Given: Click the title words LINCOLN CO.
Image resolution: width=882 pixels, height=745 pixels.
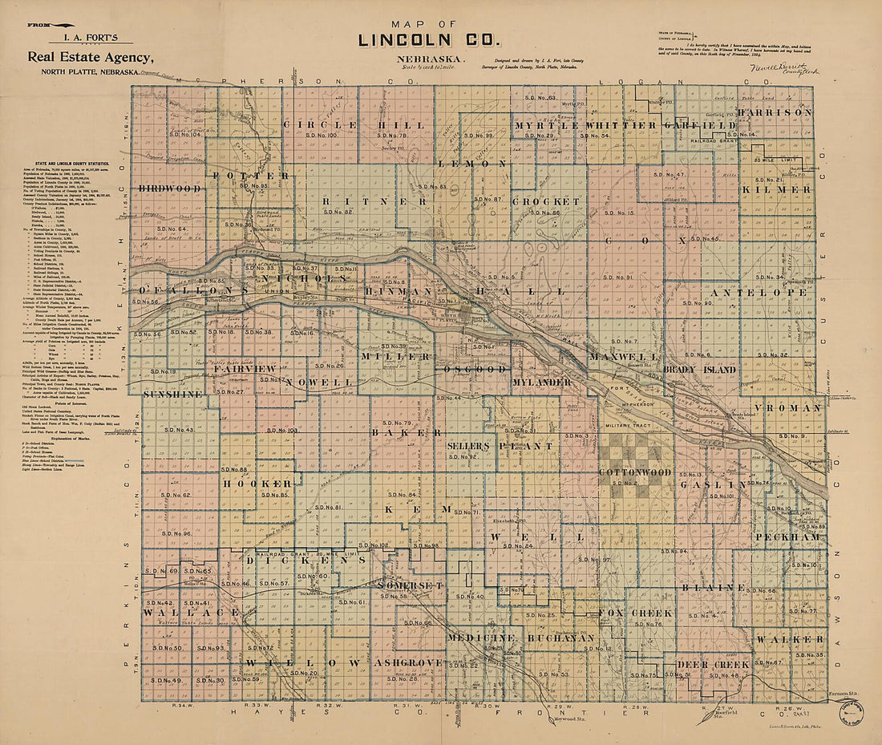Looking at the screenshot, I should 429,38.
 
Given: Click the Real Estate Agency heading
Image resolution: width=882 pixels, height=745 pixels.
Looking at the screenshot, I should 90,57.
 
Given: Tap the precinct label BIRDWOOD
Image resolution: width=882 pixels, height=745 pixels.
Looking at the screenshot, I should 168,188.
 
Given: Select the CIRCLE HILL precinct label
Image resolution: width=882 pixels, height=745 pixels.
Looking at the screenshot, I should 359,125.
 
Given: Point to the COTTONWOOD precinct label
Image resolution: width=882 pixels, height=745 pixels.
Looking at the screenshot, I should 635,473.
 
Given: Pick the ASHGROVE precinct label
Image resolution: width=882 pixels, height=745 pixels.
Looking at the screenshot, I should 408,663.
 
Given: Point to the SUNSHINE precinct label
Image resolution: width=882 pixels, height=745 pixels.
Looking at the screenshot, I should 173,395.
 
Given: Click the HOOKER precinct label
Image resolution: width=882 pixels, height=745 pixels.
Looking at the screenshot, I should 257,484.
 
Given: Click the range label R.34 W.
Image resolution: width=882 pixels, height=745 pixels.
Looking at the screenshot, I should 184,706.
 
